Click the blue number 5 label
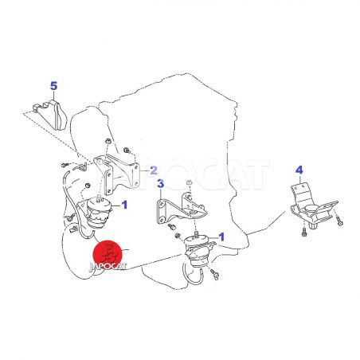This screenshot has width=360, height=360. (x=54, y=86)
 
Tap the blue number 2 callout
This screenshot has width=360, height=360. (x=154, y=170)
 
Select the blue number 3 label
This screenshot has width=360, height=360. (x=161, y=183)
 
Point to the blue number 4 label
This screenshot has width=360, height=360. (x=299, y=170)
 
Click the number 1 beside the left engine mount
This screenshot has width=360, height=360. (x=124, y=205)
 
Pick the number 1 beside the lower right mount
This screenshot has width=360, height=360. (x=221, y=237)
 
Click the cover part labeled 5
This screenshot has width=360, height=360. (x=51, y=115)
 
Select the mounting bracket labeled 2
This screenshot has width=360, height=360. (x=117, y=172)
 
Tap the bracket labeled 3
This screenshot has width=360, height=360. (x=181, y=209)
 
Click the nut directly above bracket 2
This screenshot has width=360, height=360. (x=108, y=141)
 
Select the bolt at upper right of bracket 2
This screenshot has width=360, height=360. (x=127, y=151)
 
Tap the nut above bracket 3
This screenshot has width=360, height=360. (x=189, y=182)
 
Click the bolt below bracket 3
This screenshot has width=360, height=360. (x=172, y=227)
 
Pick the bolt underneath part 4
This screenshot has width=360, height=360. (x=304, y=233)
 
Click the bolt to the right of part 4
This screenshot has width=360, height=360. (x=339, y=221)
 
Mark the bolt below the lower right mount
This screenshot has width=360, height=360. (x=215, y=275)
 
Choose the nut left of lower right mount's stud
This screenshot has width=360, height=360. (x=178, y=235)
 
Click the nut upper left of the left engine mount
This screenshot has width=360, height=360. (x=87, y=186)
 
